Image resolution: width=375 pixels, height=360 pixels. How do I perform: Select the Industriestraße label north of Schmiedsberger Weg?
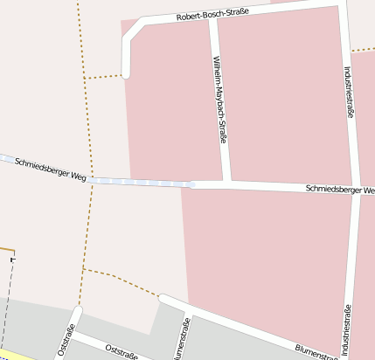coord(350,92)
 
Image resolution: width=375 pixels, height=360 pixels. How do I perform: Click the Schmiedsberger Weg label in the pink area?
coord(340,189)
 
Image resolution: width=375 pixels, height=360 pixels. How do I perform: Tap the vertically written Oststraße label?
coord(66,339)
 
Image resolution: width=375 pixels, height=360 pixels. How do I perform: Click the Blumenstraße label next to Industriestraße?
coord(315,351)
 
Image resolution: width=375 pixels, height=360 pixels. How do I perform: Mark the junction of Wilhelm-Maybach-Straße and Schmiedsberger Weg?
coord(226,184)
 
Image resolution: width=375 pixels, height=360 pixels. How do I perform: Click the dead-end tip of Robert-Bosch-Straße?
coord(126,74)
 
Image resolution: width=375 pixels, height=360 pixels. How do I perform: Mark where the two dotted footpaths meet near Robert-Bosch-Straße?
coord(84,78)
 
